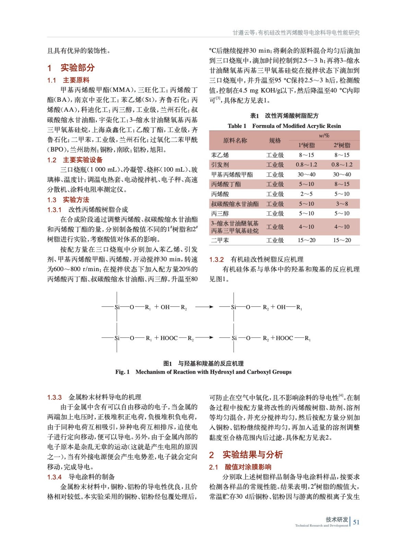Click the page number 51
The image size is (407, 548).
(x=356, y=522)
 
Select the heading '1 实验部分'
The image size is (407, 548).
(x=71, y=67)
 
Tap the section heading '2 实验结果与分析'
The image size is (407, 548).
(x=246, y=454)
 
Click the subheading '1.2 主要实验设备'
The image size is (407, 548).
(x=75, y=160)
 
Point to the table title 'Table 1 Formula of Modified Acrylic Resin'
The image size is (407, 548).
(x=284, y=126)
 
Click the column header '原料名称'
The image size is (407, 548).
(x=235, y=140)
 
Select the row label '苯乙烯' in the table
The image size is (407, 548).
(x=220, y=155)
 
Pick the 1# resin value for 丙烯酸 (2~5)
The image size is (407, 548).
(x=306, y=194)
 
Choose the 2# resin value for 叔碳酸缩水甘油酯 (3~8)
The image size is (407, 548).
(x=342, y=204)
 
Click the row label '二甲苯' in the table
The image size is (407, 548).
(x=220, y=240)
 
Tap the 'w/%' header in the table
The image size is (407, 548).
(x=324, y=135)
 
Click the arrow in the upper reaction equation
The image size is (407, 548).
(x=204, y=307)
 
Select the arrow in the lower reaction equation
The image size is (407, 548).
(x=204, y=337)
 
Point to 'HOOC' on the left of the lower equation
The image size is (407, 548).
(x=169, y=338)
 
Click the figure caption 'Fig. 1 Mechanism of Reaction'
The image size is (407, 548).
(x=203, y=372)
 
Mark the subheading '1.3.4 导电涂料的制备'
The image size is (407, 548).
(x=81, y=476)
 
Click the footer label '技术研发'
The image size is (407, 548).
(x=337, y=519)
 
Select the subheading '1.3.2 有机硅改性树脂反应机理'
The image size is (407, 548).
(x=256, y=259)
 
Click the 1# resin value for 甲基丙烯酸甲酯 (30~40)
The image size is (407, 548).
(x=306, y=174)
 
